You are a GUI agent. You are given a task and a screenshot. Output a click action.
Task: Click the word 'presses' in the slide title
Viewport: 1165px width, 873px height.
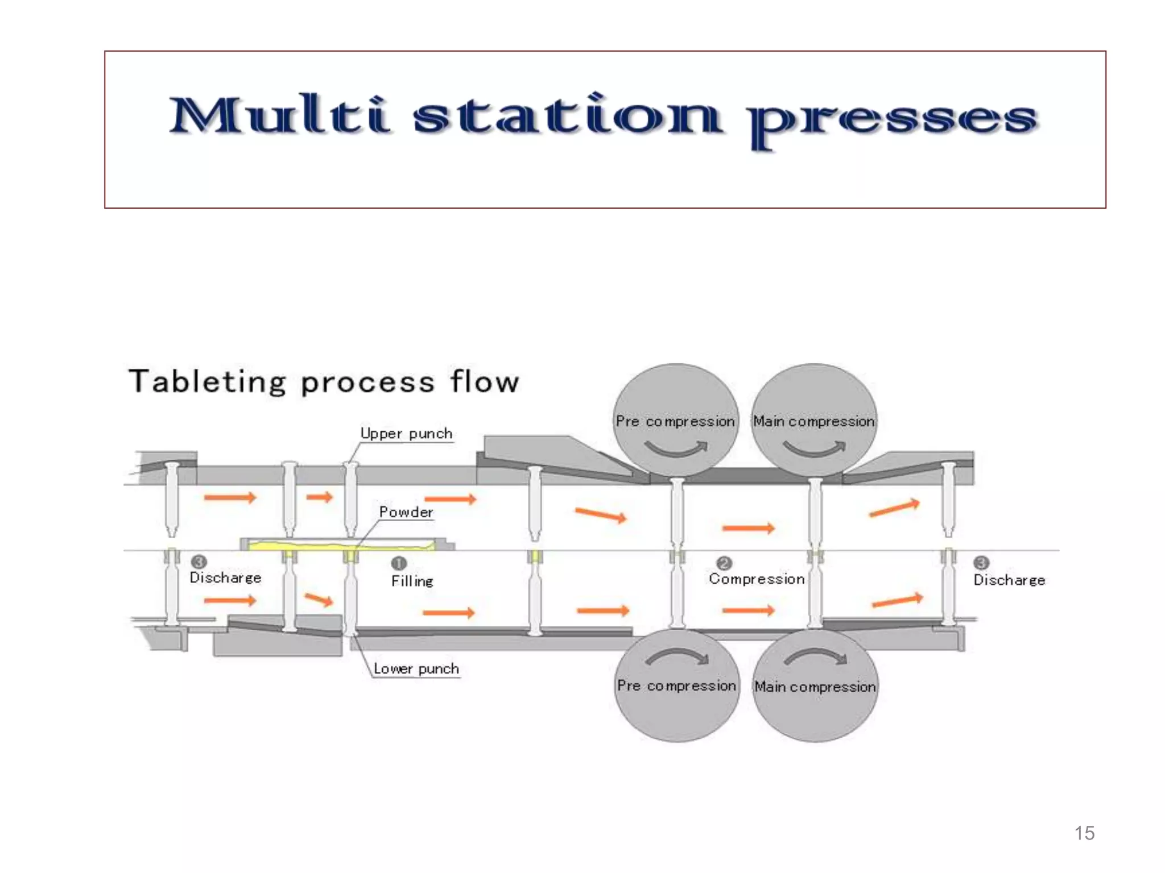pos(893,120)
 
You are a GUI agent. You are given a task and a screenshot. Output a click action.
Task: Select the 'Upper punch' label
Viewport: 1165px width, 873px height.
pos(407,434)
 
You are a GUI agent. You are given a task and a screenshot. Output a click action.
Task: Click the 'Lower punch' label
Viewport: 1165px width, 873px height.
pos(416,669)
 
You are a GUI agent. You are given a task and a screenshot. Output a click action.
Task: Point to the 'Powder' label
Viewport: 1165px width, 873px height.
pos(406,513)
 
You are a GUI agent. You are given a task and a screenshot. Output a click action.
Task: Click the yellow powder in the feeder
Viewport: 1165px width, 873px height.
pos(341,546)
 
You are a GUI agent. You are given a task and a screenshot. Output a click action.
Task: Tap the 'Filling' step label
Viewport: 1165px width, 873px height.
pos(412,581)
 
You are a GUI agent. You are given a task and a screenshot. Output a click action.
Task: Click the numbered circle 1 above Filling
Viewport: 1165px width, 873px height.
pos(399,563)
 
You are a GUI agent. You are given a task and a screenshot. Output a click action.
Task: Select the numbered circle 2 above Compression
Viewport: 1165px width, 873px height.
pos(724,563)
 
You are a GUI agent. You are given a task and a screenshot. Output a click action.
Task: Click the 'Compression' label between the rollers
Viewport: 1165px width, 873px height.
pos(757,579)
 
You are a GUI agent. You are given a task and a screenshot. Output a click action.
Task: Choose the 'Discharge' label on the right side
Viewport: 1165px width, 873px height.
pos(1009,580)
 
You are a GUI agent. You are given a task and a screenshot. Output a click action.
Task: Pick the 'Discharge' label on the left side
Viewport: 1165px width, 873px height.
pos(225,578)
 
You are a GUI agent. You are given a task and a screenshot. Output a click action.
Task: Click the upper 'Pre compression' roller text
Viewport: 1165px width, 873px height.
pos(675,422)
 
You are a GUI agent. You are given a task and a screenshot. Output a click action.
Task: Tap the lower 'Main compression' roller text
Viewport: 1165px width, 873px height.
pos(815,687)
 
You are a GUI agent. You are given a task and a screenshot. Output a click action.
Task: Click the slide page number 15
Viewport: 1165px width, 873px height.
pos(1084,833)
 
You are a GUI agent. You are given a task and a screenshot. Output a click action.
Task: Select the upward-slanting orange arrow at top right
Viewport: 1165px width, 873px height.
pos(894,508)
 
